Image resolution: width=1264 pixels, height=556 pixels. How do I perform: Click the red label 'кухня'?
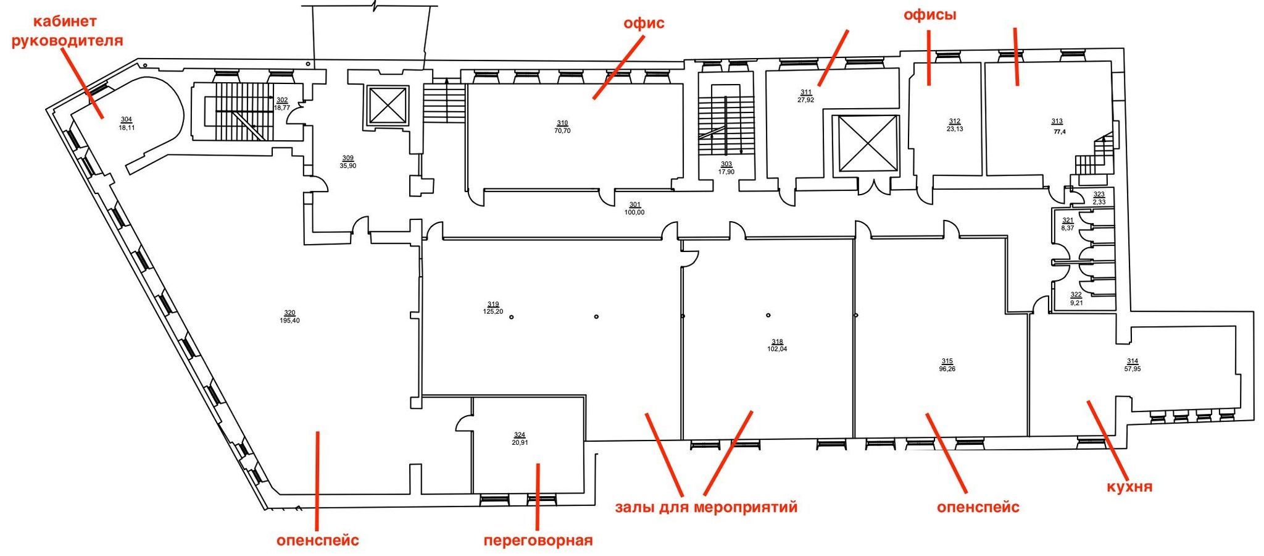point(1129,486)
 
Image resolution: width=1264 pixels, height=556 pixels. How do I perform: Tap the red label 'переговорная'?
point(538,541)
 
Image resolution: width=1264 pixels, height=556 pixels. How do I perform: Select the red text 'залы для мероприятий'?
point(706,507)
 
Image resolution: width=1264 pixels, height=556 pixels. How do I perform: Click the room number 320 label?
point(289,313)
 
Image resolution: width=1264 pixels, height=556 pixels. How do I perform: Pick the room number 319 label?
point(493,304)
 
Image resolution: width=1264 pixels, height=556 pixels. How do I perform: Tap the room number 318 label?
point(777,342)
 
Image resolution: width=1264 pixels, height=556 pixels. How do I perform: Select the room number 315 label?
point(947,361)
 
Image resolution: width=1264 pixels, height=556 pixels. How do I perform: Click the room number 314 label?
point(1132,361)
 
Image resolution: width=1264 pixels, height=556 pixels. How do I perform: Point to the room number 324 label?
point(520,435)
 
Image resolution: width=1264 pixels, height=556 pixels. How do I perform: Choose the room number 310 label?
point(562,123)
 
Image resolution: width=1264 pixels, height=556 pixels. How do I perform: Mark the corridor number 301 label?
point(634,204)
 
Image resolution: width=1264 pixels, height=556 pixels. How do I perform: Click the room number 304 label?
point(127,120)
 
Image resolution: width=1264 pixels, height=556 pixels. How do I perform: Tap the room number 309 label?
point(348,158)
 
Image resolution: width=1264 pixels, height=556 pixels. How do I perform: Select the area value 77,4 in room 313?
point(1059,132)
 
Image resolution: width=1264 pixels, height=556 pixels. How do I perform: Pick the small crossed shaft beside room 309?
point(388,106)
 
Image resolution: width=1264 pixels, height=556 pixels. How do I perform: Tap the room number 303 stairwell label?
point(726,164)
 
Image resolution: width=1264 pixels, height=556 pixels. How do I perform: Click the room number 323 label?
point(1099,194)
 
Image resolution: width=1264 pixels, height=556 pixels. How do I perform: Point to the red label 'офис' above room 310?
point(644,23)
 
